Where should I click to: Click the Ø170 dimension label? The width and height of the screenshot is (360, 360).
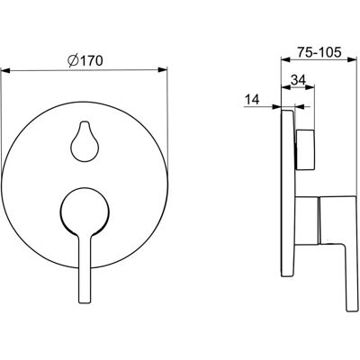coord(85,61)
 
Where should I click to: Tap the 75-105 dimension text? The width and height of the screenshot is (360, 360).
coord(319,52)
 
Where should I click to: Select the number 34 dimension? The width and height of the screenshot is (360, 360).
coord(298,80)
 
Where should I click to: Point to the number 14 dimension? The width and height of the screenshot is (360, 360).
coord(251,99)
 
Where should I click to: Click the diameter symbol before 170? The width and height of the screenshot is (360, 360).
coord(73,61)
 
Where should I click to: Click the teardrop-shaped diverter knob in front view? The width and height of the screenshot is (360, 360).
coord(84,141)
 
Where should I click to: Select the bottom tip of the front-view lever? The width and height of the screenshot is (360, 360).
coord(85,302)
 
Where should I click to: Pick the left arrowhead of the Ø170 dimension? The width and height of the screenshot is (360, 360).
coord(6,71)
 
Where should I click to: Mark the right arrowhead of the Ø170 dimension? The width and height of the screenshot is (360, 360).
coord(163,70)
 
